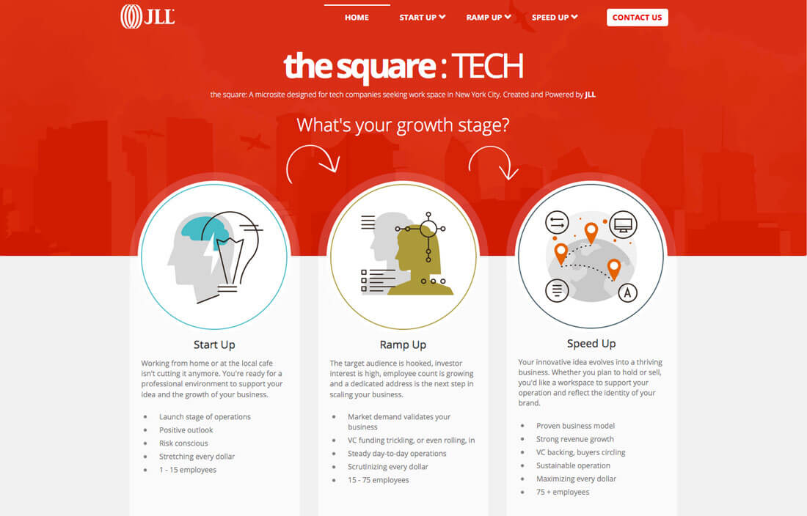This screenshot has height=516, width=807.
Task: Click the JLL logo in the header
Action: (147, 16)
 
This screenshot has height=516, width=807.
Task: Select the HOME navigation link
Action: (357, 18)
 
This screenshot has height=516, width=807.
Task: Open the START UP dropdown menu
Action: (422, 18)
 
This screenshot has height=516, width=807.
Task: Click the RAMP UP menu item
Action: (489, 18)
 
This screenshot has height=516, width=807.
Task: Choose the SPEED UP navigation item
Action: (555, 18)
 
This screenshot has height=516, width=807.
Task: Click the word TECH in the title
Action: (487, 66)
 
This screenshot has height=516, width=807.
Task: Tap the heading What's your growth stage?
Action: (403, 125)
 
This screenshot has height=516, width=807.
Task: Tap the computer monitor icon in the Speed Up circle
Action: (623, 224)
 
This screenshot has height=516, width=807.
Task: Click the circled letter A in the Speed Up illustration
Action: (627, 293)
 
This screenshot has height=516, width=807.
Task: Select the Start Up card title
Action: (214, 345)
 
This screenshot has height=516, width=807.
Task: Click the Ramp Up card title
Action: (403, 345)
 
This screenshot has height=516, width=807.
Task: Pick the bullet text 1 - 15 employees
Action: (188, 470)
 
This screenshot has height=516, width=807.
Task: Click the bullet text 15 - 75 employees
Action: (379, 480)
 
